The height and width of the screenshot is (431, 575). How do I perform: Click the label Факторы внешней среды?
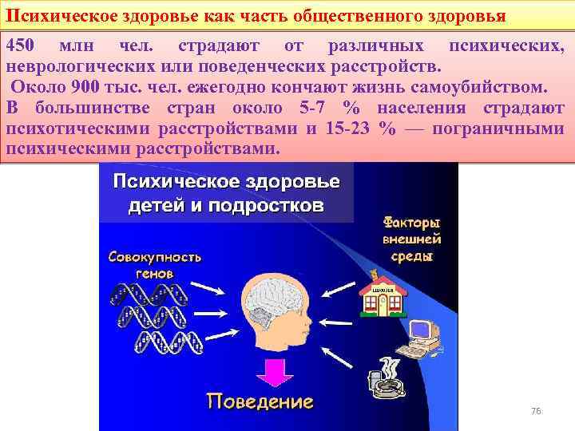coord(412,239)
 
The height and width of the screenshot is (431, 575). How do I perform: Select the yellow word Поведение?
coord(260,399)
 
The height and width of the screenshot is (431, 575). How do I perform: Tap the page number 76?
coord(536,410)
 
